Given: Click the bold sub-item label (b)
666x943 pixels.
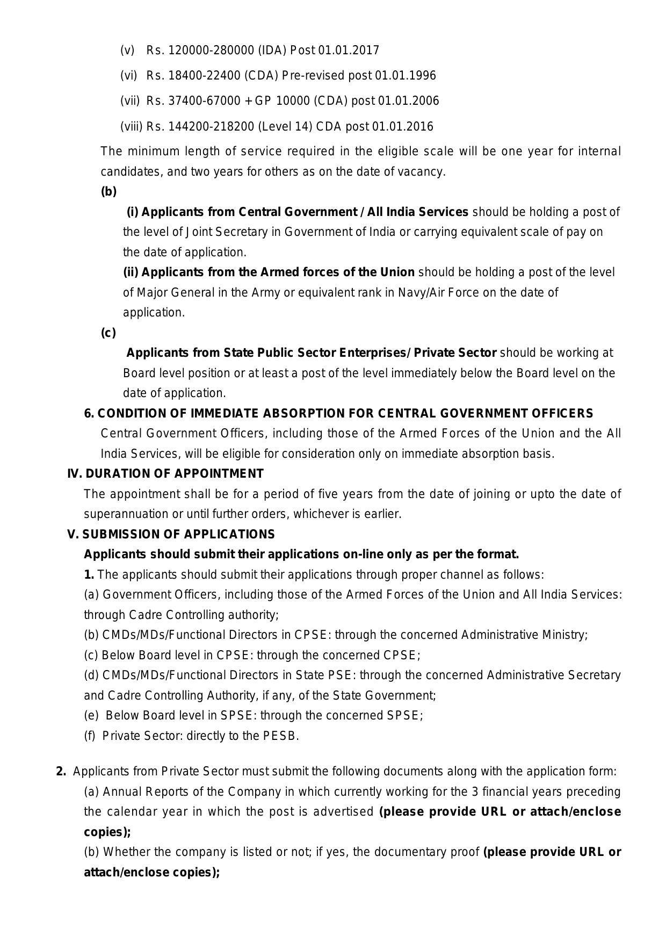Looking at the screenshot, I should (x=108, y=192).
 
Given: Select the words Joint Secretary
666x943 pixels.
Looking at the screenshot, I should (x=232, y=232).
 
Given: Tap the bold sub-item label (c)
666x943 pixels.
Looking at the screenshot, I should (x=108, y=333).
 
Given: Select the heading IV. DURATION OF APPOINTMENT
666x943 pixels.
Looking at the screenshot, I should (x=165, y=474).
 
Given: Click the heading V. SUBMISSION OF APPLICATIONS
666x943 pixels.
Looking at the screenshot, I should (x=171, y=535).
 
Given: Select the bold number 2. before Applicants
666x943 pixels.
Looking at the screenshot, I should (x=61, y=772).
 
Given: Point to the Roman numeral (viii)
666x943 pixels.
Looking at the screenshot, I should (x=132, y=127).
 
